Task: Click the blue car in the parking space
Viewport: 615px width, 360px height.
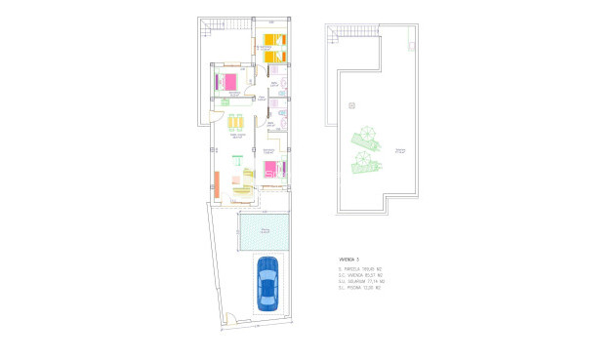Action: tap(266, 283)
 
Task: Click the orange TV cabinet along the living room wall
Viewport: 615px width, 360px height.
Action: tap(217, 181)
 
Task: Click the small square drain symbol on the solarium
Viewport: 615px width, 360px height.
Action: tap(351, 104)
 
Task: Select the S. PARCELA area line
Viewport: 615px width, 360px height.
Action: tap(360, 268)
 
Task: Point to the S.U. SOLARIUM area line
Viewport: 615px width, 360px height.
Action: tap(362, 281)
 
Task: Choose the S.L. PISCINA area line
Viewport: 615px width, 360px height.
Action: tap(360, 288)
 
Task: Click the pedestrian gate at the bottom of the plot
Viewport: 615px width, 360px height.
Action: tap(230, 317)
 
